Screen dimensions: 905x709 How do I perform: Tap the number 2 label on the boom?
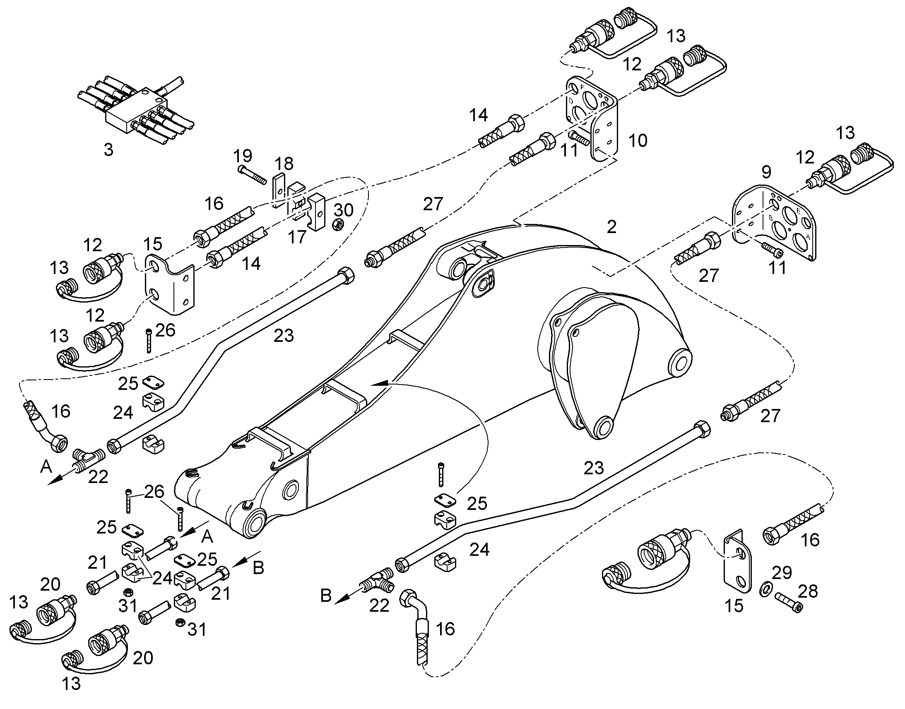click(611, 227)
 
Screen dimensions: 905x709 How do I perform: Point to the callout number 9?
click(766, 171)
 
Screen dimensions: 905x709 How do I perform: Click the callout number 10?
click(638, 141)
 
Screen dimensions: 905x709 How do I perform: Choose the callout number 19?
click(243, 156)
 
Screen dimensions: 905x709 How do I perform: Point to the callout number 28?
click(807, 591)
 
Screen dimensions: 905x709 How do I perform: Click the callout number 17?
click(297, 237)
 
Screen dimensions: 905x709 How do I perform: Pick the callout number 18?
click(284, 163)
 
